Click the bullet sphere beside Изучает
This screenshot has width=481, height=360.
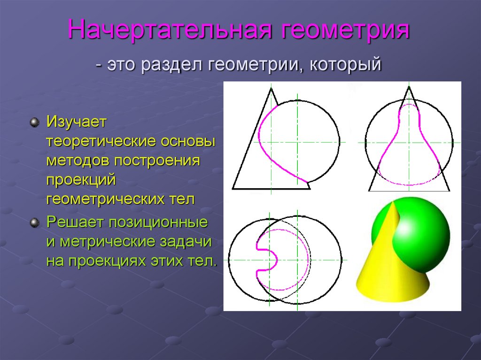[x=34, y=123]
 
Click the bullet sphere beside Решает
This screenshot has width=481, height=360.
[x=34, y=222]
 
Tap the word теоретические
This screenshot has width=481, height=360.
[x=101, y=142]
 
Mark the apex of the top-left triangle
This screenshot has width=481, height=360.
[x=271, y=88]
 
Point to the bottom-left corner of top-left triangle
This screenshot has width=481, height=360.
[x=233, y=189]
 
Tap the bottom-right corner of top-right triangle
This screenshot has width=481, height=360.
[x=450, y=191]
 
